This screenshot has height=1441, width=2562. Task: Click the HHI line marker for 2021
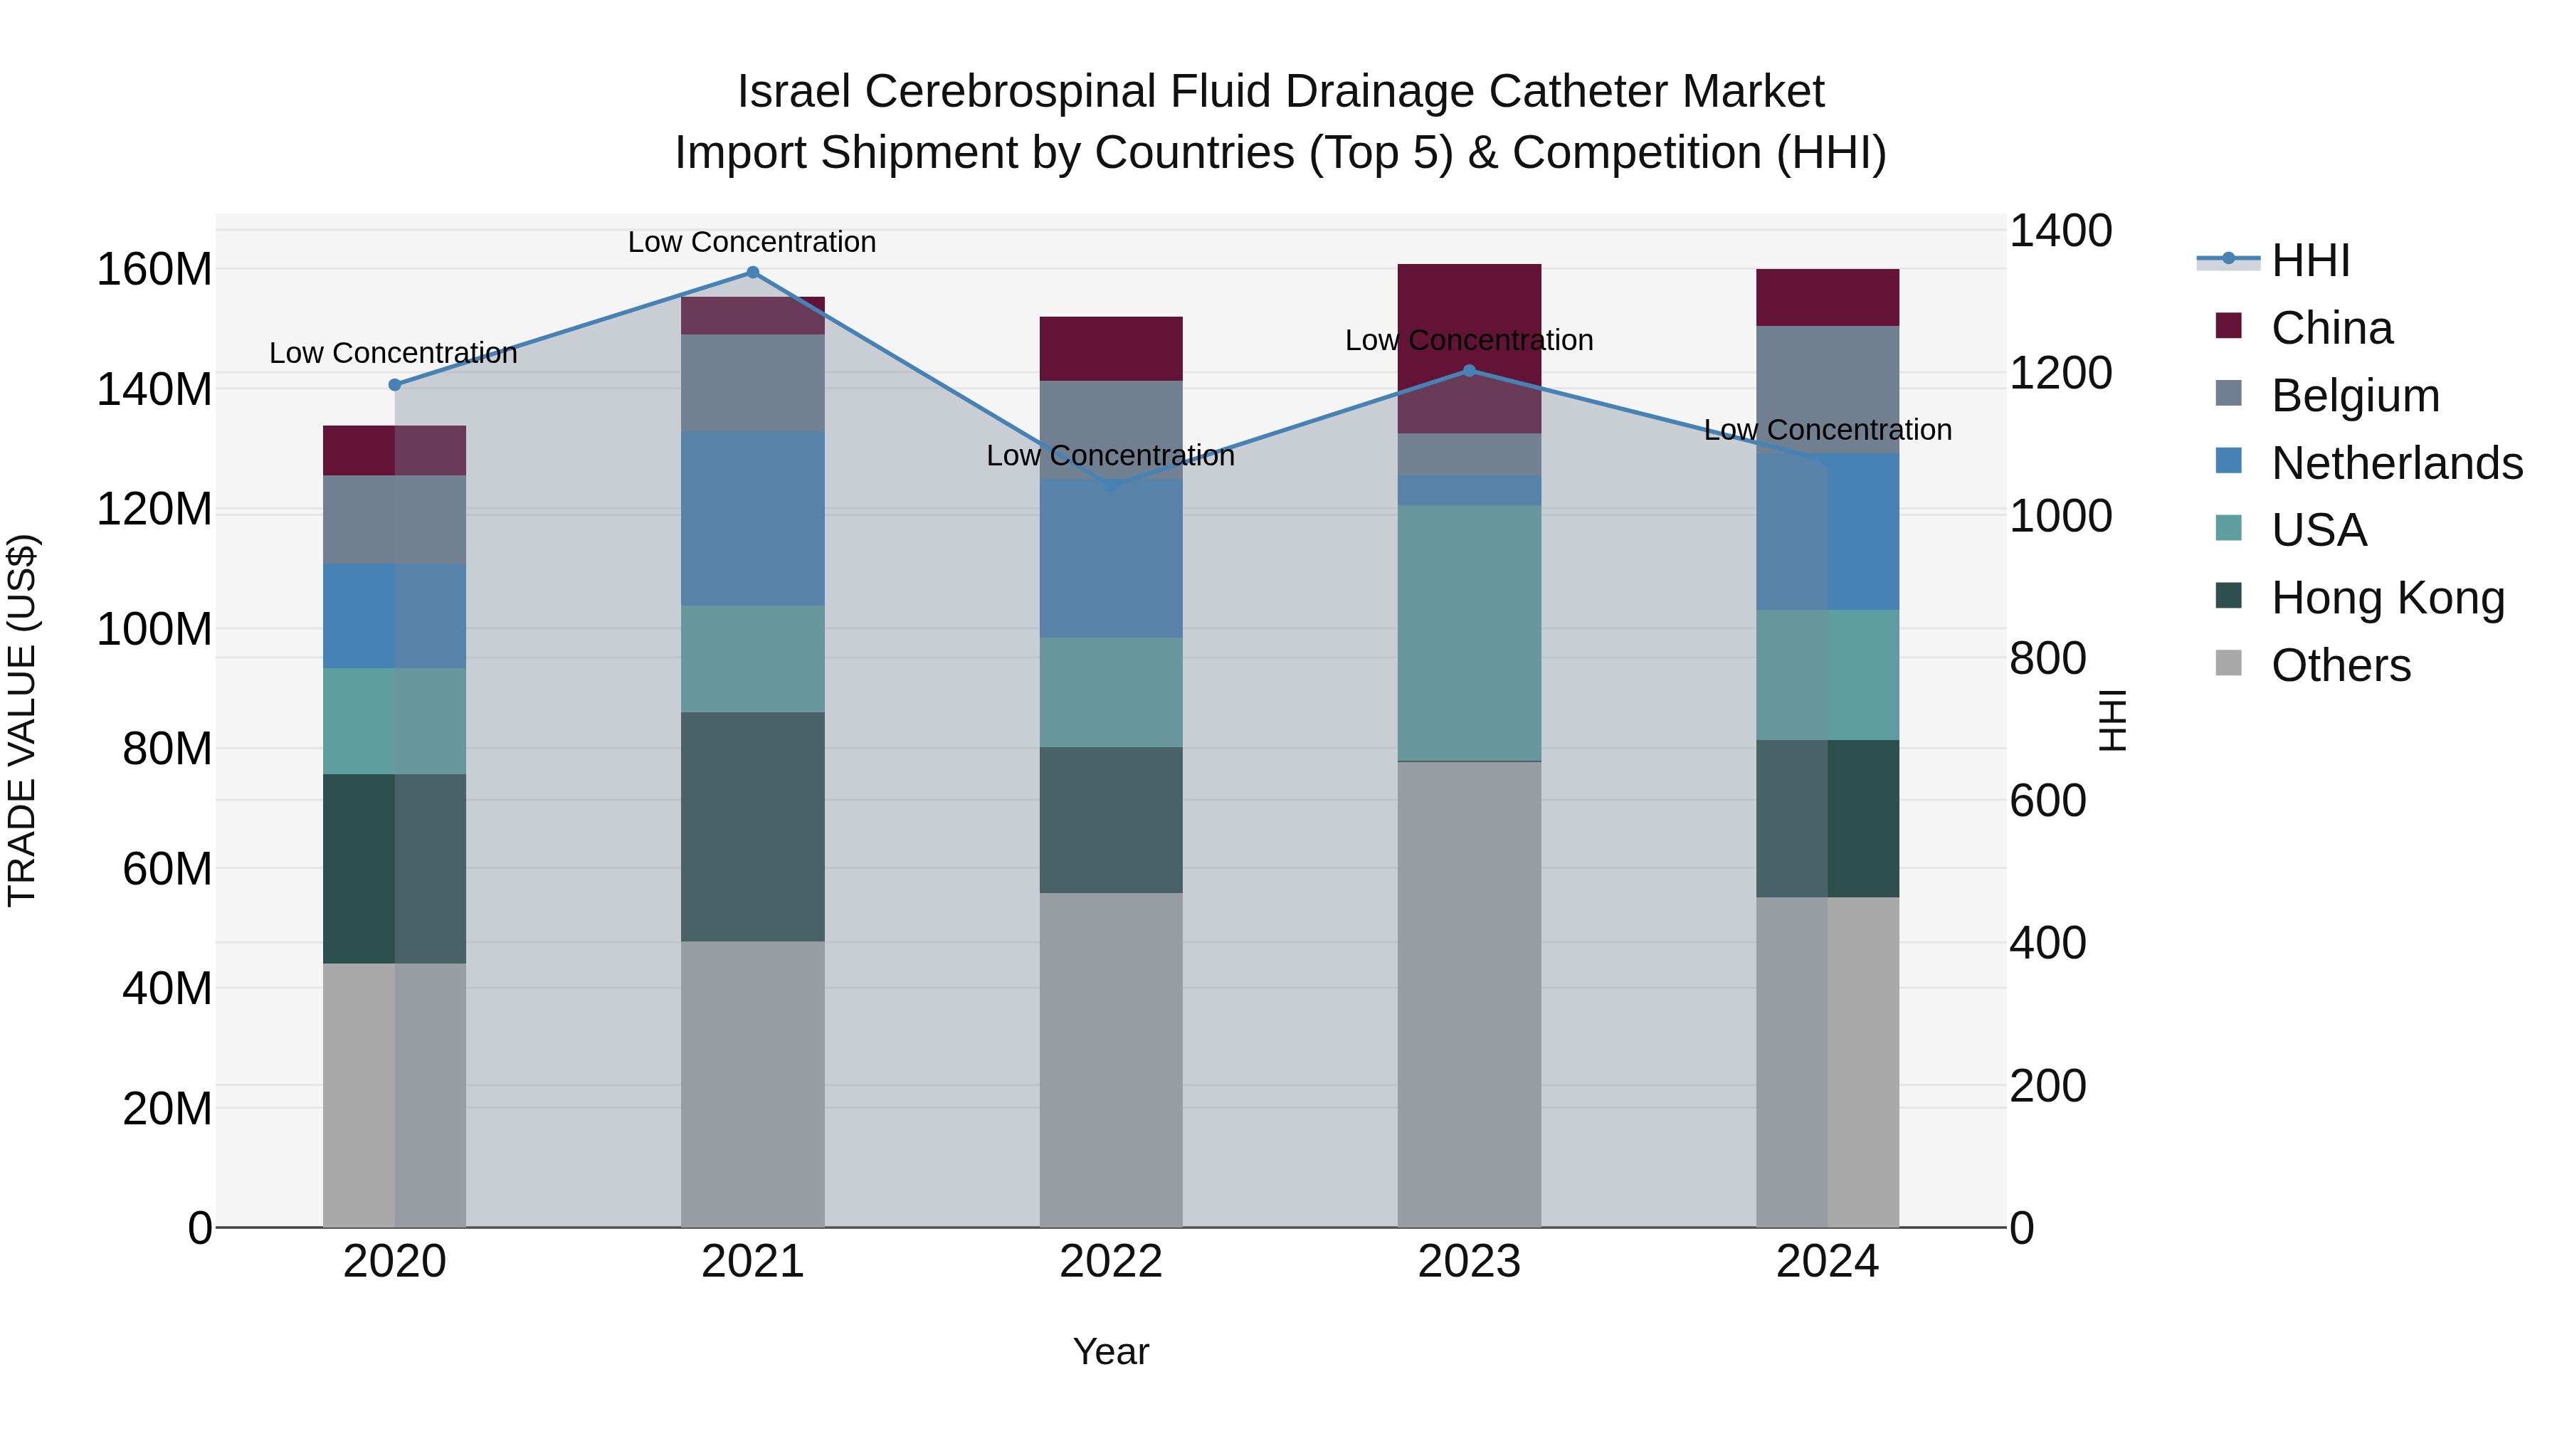pyautogui.click(x=752, y=273)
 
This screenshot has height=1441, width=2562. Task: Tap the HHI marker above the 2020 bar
pyautogui.click(x=395, y=385)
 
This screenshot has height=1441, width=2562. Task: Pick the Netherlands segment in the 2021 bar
pyautogui.click(x=752, y=518)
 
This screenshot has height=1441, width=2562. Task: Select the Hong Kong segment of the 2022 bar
pyautogui.click(x=1111, y=820)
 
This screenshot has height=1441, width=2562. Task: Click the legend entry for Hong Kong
pyautogui.click(x=2387, y=598)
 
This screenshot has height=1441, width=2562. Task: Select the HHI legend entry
pyautogui.click(x=2309, y=260)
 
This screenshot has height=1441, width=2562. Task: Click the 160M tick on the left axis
pyautogui.click(x=154, y=270)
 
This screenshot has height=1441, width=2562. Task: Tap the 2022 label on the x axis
pyautogui.click(x=1111, y=1262)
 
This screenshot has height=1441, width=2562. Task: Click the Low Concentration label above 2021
pyautogui.click(x=752, y=242)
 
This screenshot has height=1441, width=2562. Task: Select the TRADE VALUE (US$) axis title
pyautogui.click(x=22, y=720)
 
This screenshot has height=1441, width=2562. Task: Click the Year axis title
pyautogui.click(x=1111, y=1351)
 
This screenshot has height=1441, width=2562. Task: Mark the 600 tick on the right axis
pyautogui.click(x=2047, y=801)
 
